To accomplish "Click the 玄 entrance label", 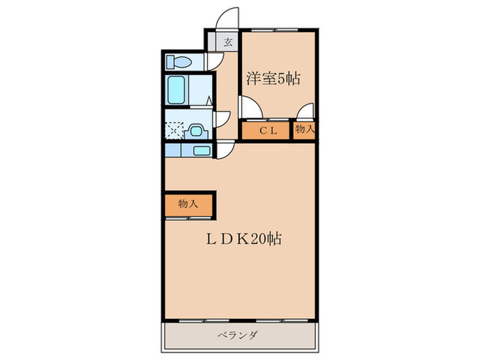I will [x=227, y=41].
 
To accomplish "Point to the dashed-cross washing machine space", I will [x=175, y=130].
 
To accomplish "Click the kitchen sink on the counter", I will [x=202, y=150].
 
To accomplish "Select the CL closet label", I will [x=267, y=130].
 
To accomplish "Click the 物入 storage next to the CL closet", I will [x=305, y=129].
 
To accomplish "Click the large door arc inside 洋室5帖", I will [x=249, y=108].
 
